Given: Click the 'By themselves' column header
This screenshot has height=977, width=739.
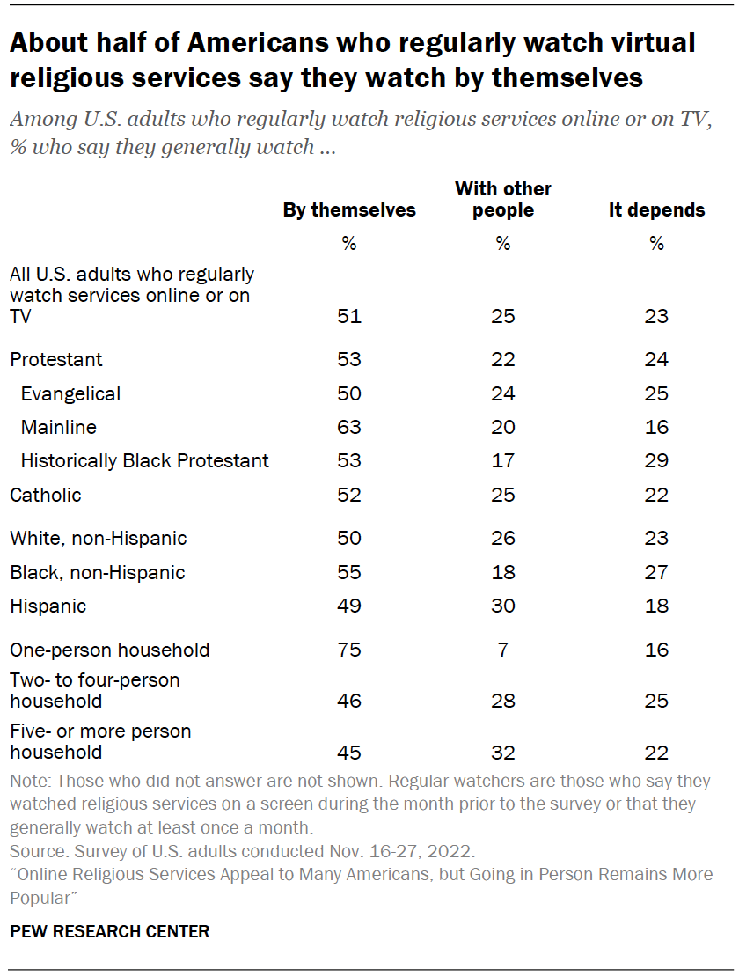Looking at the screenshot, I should point(348,210).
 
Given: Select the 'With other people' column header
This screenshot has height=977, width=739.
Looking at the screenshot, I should point(502,199).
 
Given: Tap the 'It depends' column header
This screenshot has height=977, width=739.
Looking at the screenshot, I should point(656,210).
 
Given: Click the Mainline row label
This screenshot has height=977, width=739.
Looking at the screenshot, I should point(58,427).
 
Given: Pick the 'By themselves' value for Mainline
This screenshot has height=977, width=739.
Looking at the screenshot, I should point(348,427).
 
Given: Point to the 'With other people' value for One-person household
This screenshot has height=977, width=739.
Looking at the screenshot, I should point(502,650).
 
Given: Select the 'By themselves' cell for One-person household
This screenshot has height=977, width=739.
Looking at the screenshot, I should point(348,650).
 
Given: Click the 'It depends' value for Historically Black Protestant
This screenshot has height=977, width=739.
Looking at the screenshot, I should point(656,460).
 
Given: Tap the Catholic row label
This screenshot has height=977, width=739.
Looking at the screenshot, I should point(45,495).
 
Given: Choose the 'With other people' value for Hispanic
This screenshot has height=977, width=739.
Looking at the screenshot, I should point(502,606).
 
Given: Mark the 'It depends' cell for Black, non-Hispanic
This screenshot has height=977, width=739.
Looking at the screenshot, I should point(656,572).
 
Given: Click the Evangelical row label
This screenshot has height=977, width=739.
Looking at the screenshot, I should point(70,393).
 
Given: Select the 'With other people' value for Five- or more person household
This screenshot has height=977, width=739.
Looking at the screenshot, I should point(502,753).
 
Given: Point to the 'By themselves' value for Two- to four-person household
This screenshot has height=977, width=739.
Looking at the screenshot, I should point(348,702).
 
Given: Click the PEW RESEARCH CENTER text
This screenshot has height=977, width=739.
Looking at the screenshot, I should point(109,931).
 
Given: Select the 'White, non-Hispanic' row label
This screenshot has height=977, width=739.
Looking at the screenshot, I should point(98,538).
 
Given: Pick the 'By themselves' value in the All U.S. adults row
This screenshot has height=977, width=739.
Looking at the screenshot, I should point(348,316).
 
